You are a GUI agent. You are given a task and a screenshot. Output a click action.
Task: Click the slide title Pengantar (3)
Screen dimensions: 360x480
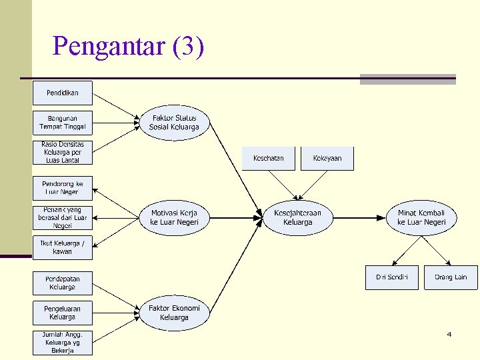click(x=128, y=47)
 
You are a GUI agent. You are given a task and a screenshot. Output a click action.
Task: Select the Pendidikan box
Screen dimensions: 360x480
click(x=63, y=92)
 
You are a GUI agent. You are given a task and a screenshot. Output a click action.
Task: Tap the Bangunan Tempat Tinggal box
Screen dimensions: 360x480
click(x=63, y=123)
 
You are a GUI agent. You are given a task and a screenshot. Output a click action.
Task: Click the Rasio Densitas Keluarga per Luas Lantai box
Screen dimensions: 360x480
click(x=63, y=153)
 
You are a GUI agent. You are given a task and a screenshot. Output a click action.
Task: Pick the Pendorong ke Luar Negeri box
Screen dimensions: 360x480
click(x=63, y=187)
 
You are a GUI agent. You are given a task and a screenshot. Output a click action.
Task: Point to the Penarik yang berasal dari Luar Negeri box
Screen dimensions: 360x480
click(x=63, y=217)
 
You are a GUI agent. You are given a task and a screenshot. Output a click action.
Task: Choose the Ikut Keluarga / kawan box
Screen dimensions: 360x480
click(x=63, y=247)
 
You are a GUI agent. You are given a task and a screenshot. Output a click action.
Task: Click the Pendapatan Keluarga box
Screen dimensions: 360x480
click(x=63, y=283)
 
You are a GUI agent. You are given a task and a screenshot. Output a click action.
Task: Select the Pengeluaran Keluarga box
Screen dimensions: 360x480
click(x=63, y=313)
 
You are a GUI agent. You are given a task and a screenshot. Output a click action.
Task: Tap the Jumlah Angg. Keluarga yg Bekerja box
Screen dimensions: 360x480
click(x=63, y=343)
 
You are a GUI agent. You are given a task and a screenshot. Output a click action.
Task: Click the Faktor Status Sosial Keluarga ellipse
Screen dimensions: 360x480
click(x=174, y=123)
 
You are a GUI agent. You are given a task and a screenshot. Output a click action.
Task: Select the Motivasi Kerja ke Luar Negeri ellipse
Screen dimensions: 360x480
click(x=174, y=217)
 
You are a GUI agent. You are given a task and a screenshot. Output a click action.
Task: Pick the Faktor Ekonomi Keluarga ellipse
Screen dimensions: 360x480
click(x=174, y=313)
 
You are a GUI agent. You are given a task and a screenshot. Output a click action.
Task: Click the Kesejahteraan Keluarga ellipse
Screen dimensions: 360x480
click(x=297, y=217)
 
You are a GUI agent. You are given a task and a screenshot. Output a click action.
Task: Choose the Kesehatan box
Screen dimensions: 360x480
click(x=268, y=159)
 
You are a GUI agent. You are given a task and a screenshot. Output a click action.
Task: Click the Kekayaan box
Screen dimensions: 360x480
click(x=327, y=159)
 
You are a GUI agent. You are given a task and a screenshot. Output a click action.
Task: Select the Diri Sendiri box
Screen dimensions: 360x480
click(x=392, y=277)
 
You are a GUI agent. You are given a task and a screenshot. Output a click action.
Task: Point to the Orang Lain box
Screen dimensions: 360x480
click(x=451, y=277)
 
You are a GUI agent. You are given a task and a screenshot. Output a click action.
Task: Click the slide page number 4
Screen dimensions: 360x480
click(x=449, y=334)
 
